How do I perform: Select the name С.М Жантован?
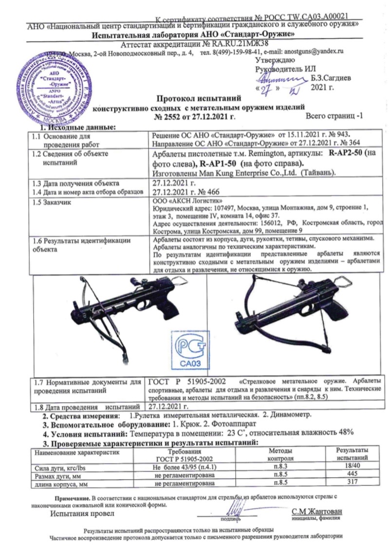(x=317, y=512)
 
